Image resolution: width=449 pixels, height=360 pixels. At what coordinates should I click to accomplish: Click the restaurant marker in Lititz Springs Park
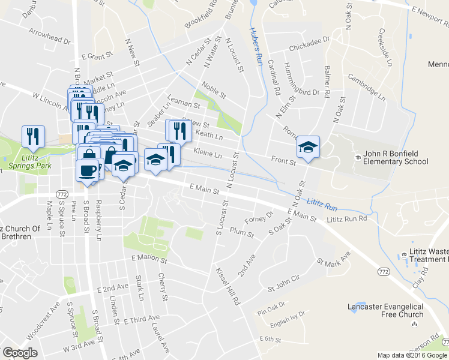coord(32,137)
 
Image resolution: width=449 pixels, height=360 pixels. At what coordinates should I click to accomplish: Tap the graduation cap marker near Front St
coord(308,147)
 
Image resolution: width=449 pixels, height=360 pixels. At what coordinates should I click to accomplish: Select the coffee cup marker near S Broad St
coord(88,170)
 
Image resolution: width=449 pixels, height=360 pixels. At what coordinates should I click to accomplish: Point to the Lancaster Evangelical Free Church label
coord(385,310)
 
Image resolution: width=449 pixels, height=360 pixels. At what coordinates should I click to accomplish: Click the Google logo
coord(20,353)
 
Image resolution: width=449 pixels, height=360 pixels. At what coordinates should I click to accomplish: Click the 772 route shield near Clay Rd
coord(382,272)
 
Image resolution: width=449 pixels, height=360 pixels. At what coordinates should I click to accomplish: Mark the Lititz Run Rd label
coord(346,219)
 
